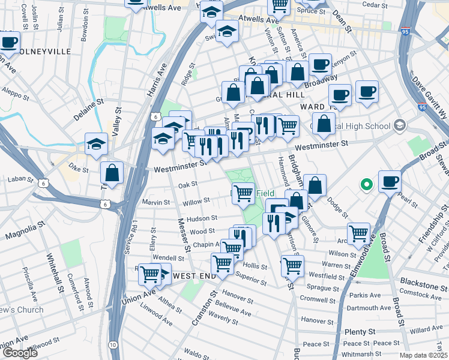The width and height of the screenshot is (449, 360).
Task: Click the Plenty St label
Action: pyautogui.click(x=360, y=331)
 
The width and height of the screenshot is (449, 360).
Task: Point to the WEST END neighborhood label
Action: pyautogui.click(x=194, y=275)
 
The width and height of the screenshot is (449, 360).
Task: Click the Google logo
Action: pyautogui.click(x=19, y=353)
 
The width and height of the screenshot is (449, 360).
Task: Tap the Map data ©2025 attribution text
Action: pyautogui.click(x=423, y=355)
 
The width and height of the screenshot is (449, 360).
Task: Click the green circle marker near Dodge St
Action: pyautogui.click(x=365, y=185)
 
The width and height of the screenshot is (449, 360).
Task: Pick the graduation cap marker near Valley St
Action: pyautogui.click(x=96, y=144)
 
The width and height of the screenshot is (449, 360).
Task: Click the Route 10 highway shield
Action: pyautogui.click(x=113, y=345)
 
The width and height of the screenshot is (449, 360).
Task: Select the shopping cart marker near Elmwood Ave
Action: pyautogui.click(x=358, y=233)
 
